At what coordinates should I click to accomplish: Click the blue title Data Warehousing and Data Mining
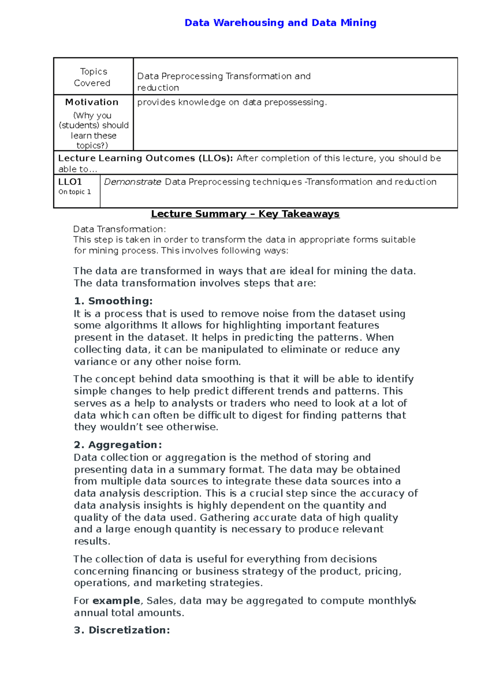coord(280,23)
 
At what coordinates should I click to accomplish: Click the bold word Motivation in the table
coord(92,102)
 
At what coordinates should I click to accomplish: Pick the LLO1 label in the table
coord(70,182)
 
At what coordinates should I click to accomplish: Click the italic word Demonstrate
coord(132,182)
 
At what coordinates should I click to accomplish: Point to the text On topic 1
coord(75,192)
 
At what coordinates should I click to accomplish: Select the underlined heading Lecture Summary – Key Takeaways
coord(245,214)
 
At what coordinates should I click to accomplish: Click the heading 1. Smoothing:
coord(113,301)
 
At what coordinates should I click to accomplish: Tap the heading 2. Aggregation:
coord(118,444)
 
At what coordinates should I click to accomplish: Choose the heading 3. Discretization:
coord(122,630)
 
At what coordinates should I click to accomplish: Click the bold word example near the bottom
coord(116,601)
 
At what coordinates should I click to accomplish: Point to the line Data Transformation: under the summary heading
coord(120,229)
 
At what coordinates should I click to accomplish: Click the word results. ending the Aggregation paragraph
coord(92,541)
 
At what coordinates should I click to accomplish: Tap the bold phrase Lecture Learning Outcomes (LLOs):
coord(145,158)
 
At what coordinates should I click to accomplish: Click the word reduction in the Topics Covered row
coord(158,87)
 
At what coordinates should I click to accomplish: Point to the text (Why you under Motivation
coord(92,115)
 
